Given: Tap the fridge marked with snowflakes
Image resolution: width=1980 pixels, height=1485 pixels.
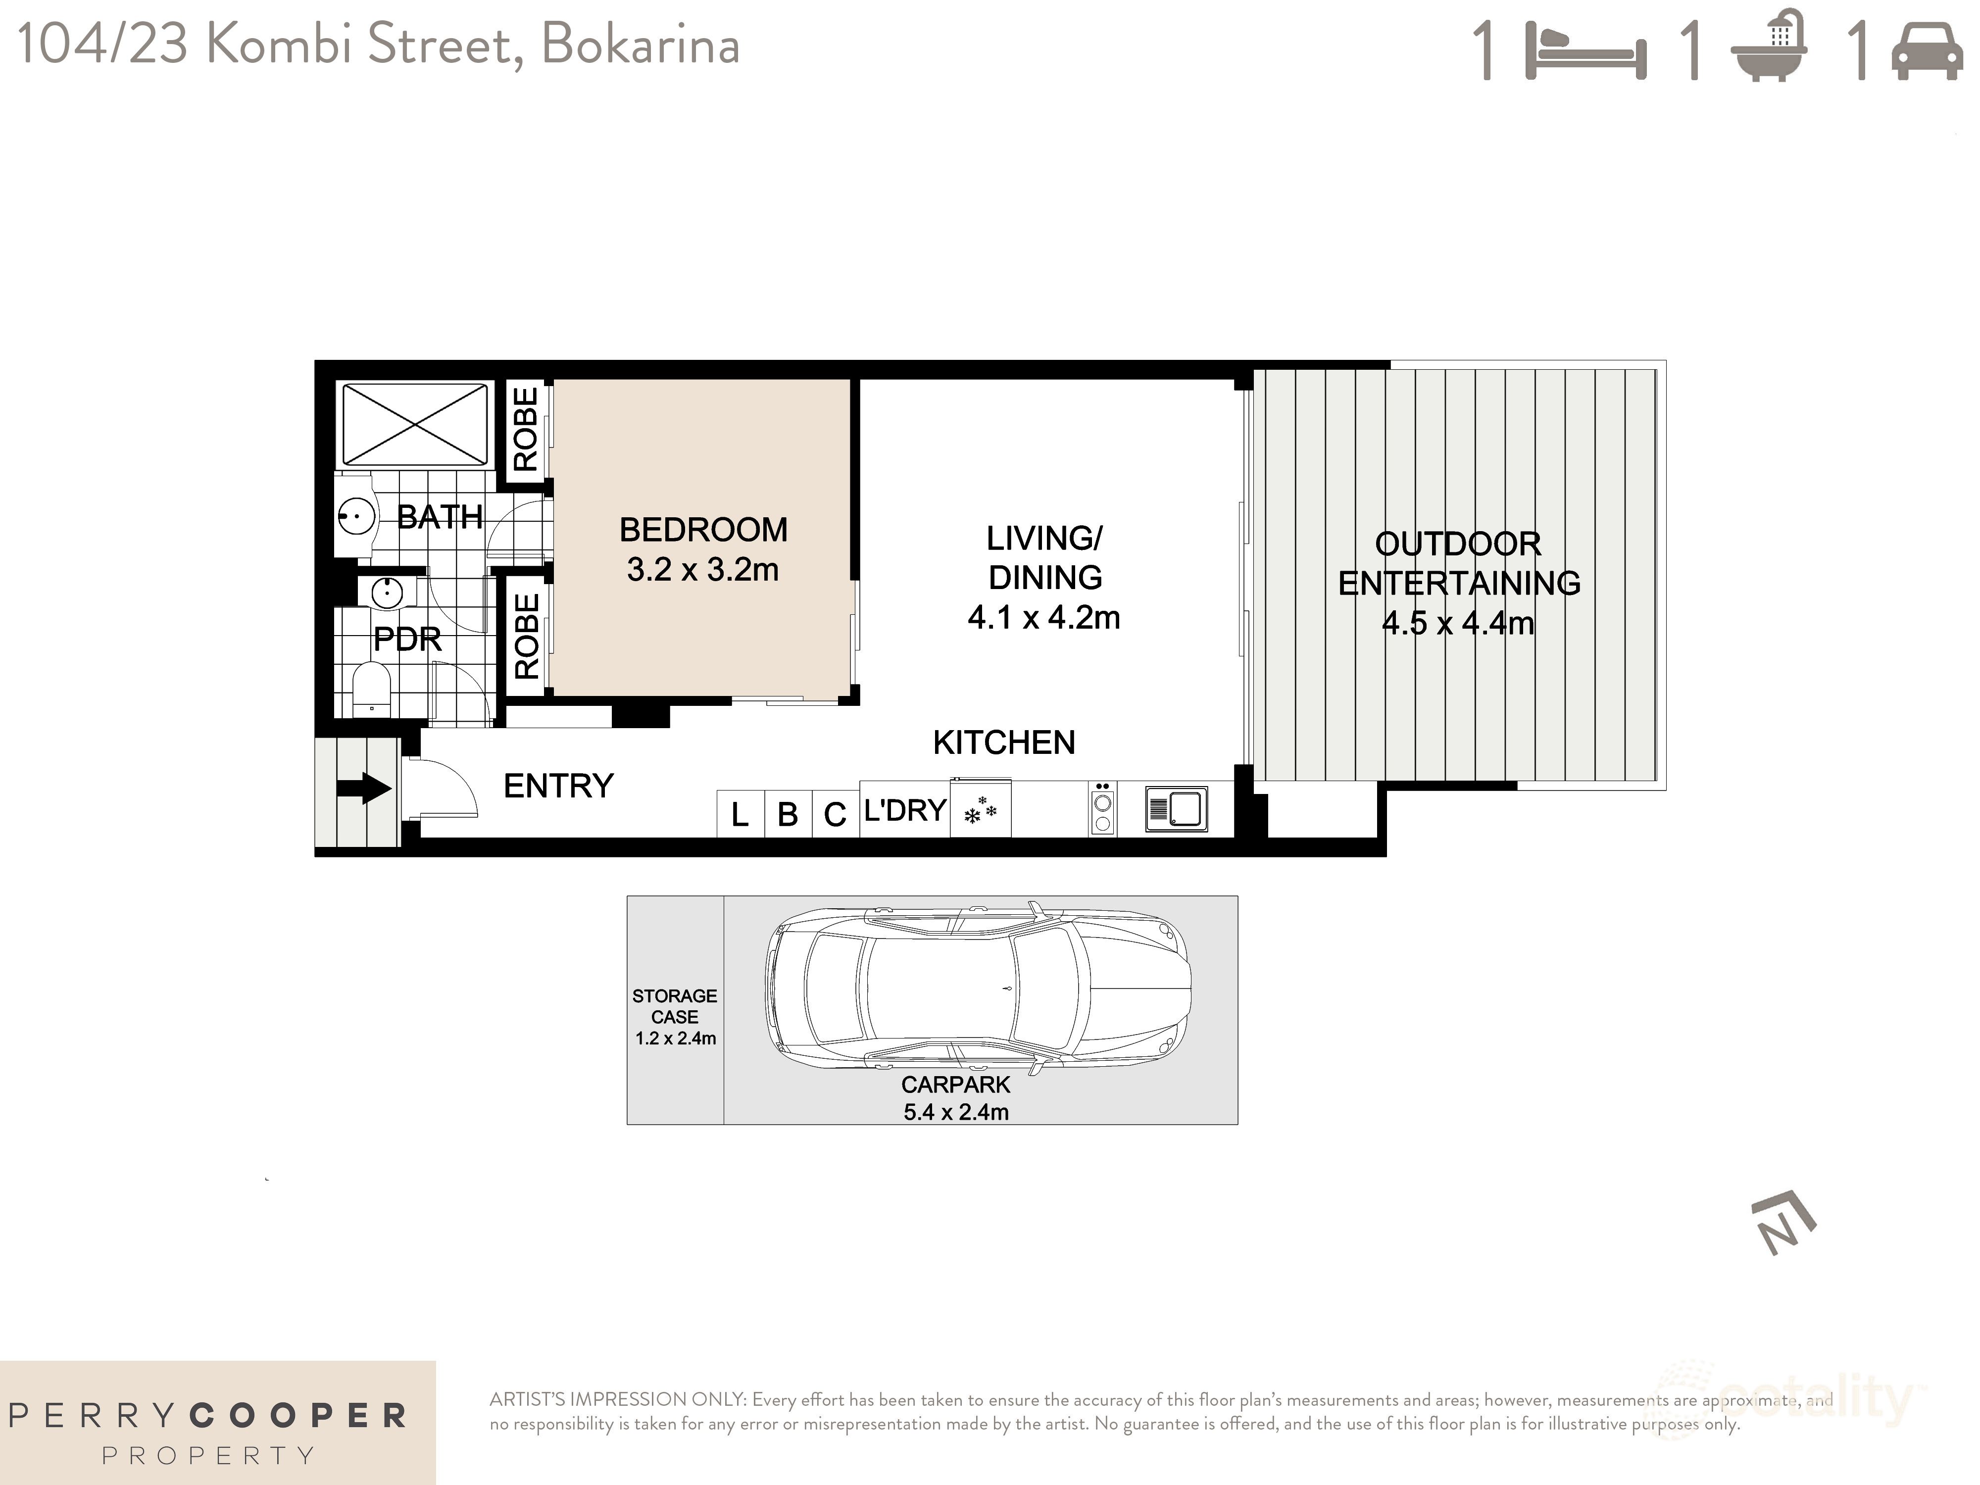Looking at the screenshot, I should [x=980, y=810].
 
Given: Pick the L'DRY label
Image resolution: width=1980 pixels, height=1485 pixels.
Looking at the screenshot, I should [x=904, y=810].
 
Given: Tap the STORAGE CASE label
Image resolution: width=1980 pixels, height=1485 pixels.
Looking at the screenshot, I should [x=674, y=1006].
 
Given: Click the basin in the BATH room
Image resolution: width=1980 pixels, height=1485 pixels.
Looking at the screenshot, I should [x=355, y=516].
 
